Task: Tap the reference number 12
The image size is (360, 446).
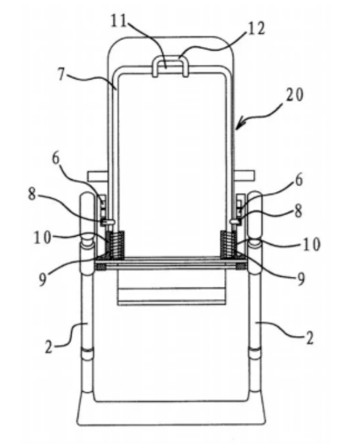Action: point(256,28)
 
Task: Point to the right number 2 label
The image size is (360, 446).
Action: point(309,338)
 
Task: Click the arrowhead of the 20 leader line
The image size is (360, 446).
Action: point(237,128)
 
